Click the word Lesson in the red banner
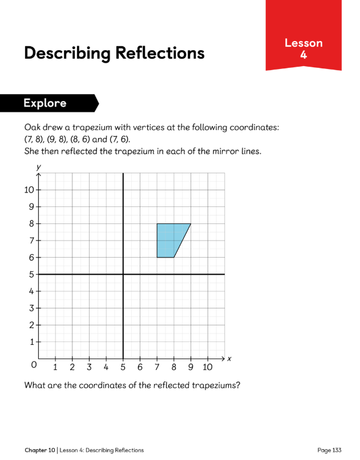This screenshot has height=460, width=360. (304, 43)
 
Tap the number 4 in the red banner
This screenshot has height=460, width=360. (304, 55)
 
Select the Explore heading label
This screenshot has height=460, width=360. (45, 103)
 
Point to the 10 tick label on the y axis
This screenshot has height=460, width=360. (29, 190)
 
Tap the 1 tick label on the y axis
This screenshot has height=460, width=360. (32, 342)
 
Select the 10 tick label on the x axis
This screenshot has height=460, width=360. (208, 367)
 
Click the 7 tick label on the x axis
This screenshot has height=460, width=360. (157, 367)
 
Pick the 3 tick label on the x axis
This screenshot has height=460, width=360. (89, 367)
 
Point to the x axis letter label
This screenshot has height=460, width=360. (229, 359)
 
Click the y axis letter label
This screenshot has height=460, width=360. (38, 166)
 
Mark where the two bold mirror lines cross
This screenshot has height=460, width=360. (123, 274)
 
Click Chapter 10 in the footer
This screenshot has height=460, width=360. (40, 450)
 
